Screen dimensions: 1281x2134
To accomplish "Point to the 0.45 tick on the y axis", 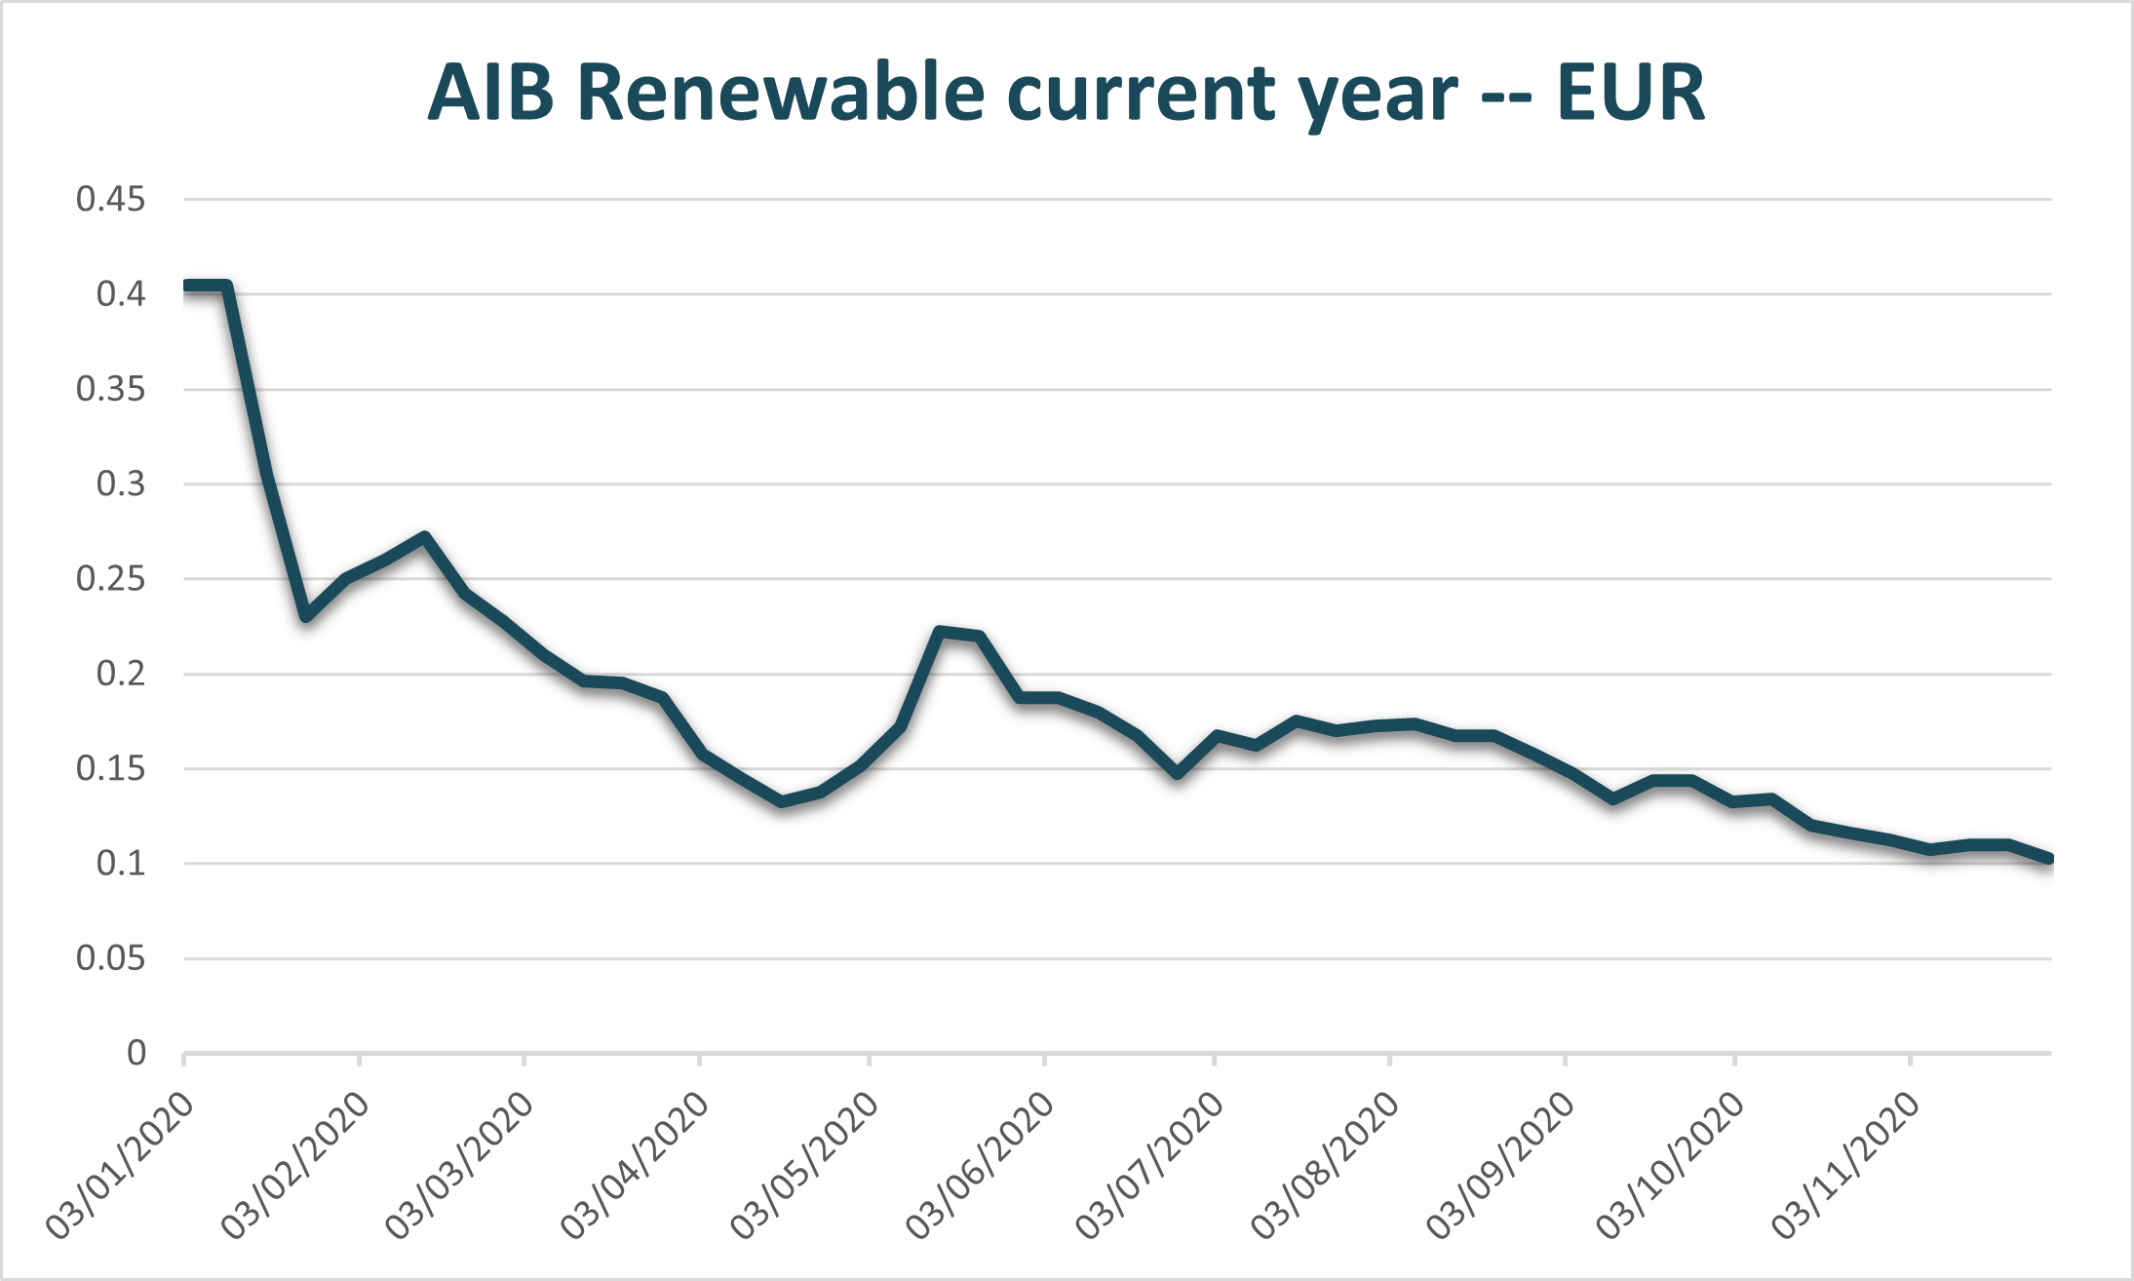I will pyautogui.click(x=110, y=200).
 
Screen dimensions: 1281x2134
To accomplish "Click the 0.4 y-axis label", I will pyautogui.click(x=120, y=294).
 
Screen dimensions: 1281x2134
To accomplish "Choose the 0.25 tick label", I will pyautogui.click(x=110, y=579).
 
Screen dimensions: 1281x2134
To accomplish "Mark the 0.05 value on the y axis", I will pyautogui.click(x=110, y=958).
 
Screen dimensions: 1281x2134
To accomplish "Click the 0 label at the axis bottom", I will pyautogui.click(x=136, y=1053).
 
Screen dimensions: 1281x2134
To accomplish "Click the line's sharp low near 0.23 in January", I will pyautogui.click(x=306, y=616).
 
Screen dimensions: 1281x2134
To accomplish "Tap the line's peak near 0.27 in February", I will pyautogui.click(x=424, y=537).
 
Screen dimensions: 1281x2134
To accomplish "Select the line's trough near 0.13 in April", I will pyautogui.click(x=782, y=801).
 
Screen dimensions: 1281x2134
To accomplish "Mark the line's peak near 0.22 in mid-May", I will pyautogui.click(x=940, y=632).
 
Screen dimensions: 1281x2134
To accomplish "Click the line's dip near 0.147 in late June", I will pyautogui.click(x=1178, y=773).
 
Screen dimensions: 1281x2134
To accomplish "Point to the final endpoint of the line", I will pyautogui.click(x=2048, y=859).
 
